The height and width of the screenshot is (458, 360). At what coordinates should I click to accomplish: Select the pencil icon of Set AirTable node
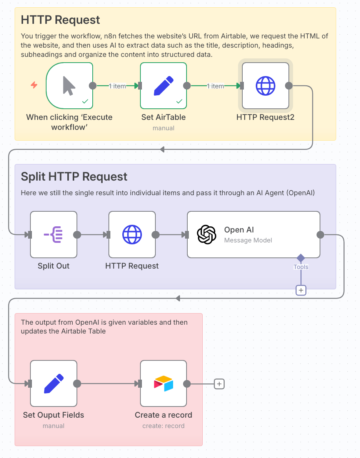click(x=163, y=86)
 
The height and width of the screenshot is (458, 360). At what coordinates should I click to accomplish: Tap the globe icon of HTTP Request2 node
click(x=265, y=86)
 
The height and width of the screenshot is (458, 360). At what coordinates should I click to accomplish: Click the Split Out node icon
click(x=53, y=234)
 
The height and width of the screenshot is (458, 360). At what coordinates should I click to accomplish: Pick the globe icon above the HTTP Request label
click(x=132, y=234)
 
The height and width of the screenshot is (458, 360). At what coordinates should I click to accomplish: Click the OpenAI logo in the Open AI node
click(x=207, y=234)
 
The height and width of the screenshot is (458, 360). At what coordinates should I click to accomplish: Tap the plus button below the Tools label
click(x=301, y=290)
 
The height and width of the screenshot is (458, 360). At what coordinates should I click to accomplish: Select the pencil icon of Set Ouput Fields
click(x=53, y=383)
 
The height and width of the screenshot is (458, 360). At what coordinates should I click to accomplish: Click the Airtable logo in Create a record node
click(x=163, y=383)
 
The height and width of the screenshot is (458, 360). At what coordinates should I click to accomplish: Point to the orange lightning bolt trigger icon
click(x=34, y=85)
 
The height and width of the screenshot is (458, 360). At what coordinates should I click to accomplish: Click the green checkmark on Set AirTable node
click(x=179, y=101)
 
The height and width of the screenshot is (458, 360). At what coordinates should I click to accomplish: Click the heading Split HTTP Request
click(x=74, y=177)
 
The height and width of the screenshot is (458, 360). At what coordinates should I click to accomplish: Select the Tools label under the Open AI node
click(x=301, y=267)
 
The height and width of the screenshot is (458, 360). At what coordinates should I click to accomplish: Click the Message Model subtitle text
click(x=248, y=240)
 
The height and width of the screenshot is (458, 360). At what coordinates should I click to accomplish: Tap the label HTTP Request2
click(x=265, y=117)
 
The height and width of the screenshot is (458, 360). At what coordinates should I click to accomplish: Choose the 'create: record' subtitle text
click(x=163, y=426)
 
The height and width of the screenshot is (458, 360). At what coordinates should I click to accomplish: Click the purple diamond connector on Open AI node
click(x=301, y=258)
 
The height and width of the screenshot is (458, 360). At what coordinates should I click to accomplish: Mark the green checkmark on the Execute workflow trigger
click(x=85, y=101)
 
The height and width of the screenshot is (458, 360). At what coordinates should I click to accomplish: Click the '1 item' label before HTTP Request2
click(x=215, y=86)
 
